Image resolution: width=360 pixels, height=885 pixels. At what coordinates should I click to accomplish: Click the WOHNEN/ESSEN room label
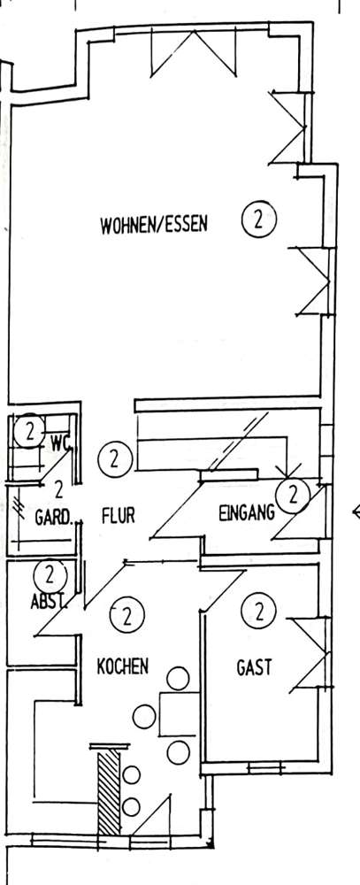click(x=154, y=225)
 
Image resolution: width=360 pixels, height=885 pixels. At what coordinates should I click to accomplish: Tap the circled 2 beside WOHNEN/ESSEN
click(x=259, y=219)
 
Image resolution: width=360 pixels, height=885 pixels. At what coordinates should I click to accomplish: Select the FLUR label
click(x=119, y=515)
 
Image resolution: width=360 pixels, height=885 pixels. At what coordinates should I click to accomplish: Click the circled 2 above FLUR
click(x=115, y=459)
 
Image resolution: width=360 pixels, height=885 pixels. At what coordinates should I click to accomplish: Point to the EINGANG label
click(x=247, y=512)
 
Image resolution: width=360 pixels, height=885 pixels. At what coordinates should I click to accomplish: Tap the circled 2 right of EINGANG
click(x=293, y=496)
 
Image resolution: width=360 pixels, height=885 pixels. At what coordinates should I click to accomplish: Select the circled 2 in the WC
click(x=29, y=433)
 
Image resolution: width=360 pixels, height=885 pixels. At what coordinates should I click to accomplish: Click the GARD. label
click(x=54, y=517)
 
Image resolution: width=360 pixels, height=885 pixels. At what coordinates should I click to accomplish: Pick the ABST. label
click(x=49, y=602)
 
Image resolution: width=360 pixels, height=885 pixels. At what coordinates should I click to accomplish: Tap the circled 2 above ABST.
click(x=50, y=576)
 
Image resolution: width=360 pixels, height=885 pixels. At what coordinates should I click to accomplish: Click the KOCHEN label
click(x=122, y=666)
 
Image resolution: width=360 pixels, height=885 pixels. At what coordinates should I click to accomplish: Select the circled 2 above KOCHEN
click(x=127, y=615)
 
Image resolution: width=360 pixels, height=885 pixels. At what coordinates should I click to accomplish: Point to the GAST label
click(x=254, y=667)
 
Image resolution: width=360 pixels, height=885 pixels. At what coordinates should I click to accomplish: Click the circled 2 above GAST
click(x=259, y=611)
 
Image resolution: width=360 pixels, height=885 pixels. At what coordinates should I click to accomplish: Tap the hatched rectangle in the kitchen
click(x=109, y=792)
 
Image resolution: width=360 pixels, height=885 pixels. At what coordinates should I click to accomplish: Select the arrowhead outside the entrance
click(x=356, y=512)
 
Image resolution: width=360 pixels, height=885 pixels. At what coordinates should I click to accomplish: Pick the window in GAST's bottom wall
click(x=266, y=767)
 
